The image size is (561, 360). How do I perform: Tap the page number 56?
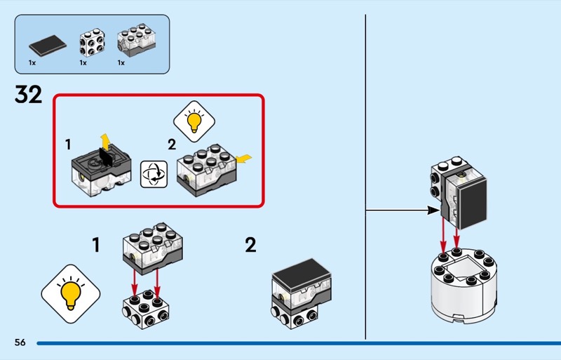20,342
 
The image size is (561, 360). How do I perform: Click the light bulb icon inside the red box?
194,119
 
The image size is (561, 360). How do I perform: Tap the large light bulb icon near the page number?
70,293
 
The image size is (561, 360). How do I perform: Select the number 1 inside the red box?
68,145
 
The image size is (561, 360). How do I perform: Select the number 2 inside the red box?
172,145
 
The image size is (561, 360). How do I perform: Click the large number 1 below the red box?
97,246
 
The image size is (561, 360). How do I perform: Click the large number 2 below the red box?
250,246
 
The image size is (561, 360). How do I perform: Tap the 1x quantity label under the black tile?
32,63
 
